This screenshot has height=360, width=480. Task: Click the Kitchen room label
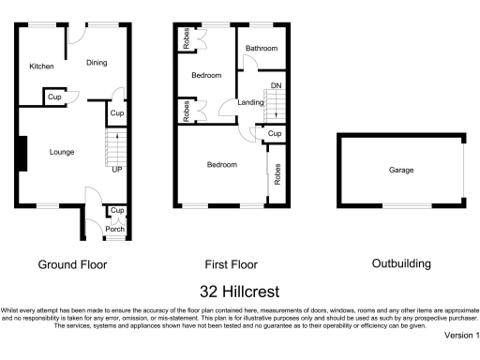pyautogui.click(x=40, y=67)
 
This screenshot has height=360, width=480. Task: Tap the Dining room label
pyautogui.click(x=97, y=63)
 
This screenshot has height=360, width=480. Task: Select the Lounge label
pyautogui.click(x=63, y=152)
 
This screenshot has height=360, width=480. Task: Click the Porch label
pyautogui.click(x=114, y=228)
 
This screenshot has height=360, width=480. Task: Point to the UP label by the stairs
pyautogui.click(x=116, y=170)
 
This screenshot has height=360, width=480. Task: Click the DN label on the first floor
pyautogui.click(x=276, y=86)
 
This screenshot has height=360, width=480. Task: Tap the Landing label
pyautogui.click(x=250, y=102)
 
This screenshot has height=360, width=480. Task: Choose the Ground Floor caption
pyautogui.click(x=72, y=264)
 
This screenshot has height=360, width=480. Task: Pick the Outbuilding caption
pyautogui.click(x=401, y=264)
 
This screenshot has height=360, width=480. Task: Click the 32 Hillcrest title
pyautogui.click(x=240, y=292)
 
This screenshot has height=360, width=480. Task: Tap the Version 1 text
pyautogui.click(x=461, y=335)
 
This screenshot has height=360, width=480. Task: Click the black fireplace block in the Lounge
pyautogui.click(x=22, y=154)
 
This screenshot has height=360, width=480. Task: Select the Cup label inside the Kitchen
pyautogui.click(x=54, y=97)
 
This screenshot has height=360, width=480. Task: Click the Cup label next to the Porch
pyautogui.click(x=116, y=211)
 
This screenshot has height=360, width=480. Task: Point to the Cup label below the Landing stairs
pyautogui.click(x=273, y=134)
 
